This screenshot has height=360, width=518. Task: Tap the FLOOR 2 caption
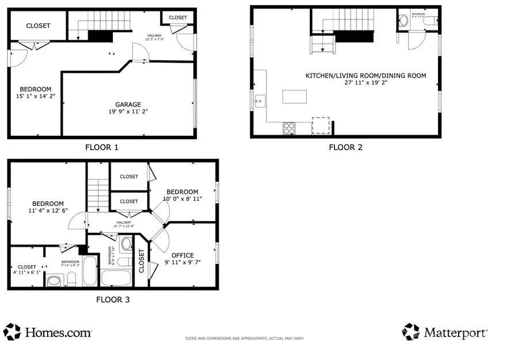coord(345,147)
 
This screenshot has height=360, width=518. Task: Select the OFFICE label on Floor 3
coord(182,255)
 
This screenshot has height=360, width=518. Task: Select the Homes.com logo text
coord(57,332)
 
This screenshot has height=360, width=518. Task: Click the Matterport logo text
coord(456,332)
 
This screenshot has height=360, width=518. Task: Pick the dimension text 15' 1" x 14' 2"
coord(35,97)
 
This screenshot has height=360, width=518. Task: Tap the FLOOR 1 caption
coord(102,147)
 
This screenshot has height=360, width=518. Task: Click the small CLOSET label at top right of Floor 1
coord(178,18)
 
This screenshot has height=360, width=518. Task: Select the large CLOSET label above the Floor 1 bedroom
coord(38,26)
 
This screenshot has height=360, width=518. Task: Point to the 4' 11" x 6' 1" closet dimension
coord(26,273)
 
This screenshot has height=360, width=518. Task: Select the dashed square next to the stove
coord(320,126)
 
